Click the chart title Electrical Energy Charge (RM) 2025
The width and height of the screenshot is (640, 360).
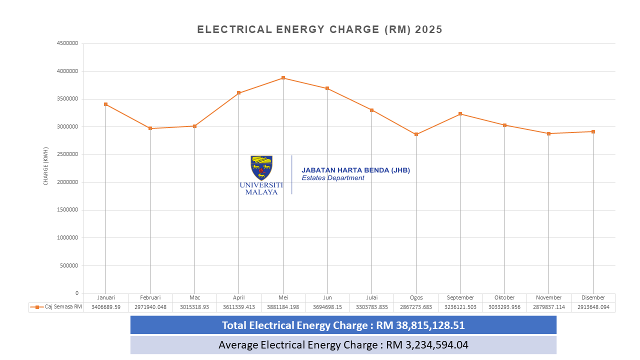[x=319, y=29]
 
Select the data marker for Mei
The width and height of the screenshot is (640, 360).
[x=283, y=78]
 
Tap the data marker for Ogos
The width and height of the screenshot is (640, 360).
[x=416, y=134]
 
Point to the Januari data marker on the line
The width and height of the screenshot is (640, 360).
[x=106, y=104]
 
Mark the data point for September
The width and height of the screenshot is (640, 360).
[x=460, y=114]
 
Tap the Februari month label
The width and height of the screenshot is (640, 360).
[x=150, y=297]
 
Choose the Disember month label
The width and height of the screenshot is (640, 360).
[x=593, y=297]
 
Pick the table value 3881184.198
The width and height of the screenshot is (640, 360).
[x=283, y=307]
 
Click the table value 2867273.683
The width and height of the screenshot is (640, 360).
[x=416, y=307]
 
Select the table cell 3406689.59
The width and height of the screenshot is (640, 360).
[x=106, y=307]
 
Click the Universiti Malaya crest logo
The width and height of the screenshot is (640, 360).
[x=261, y=167]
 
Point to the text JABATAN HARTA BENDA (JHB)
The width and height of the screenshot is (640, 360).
[x=355, y=170]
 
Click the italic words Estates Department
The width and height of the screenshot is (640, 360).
[x=333, y=178]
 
